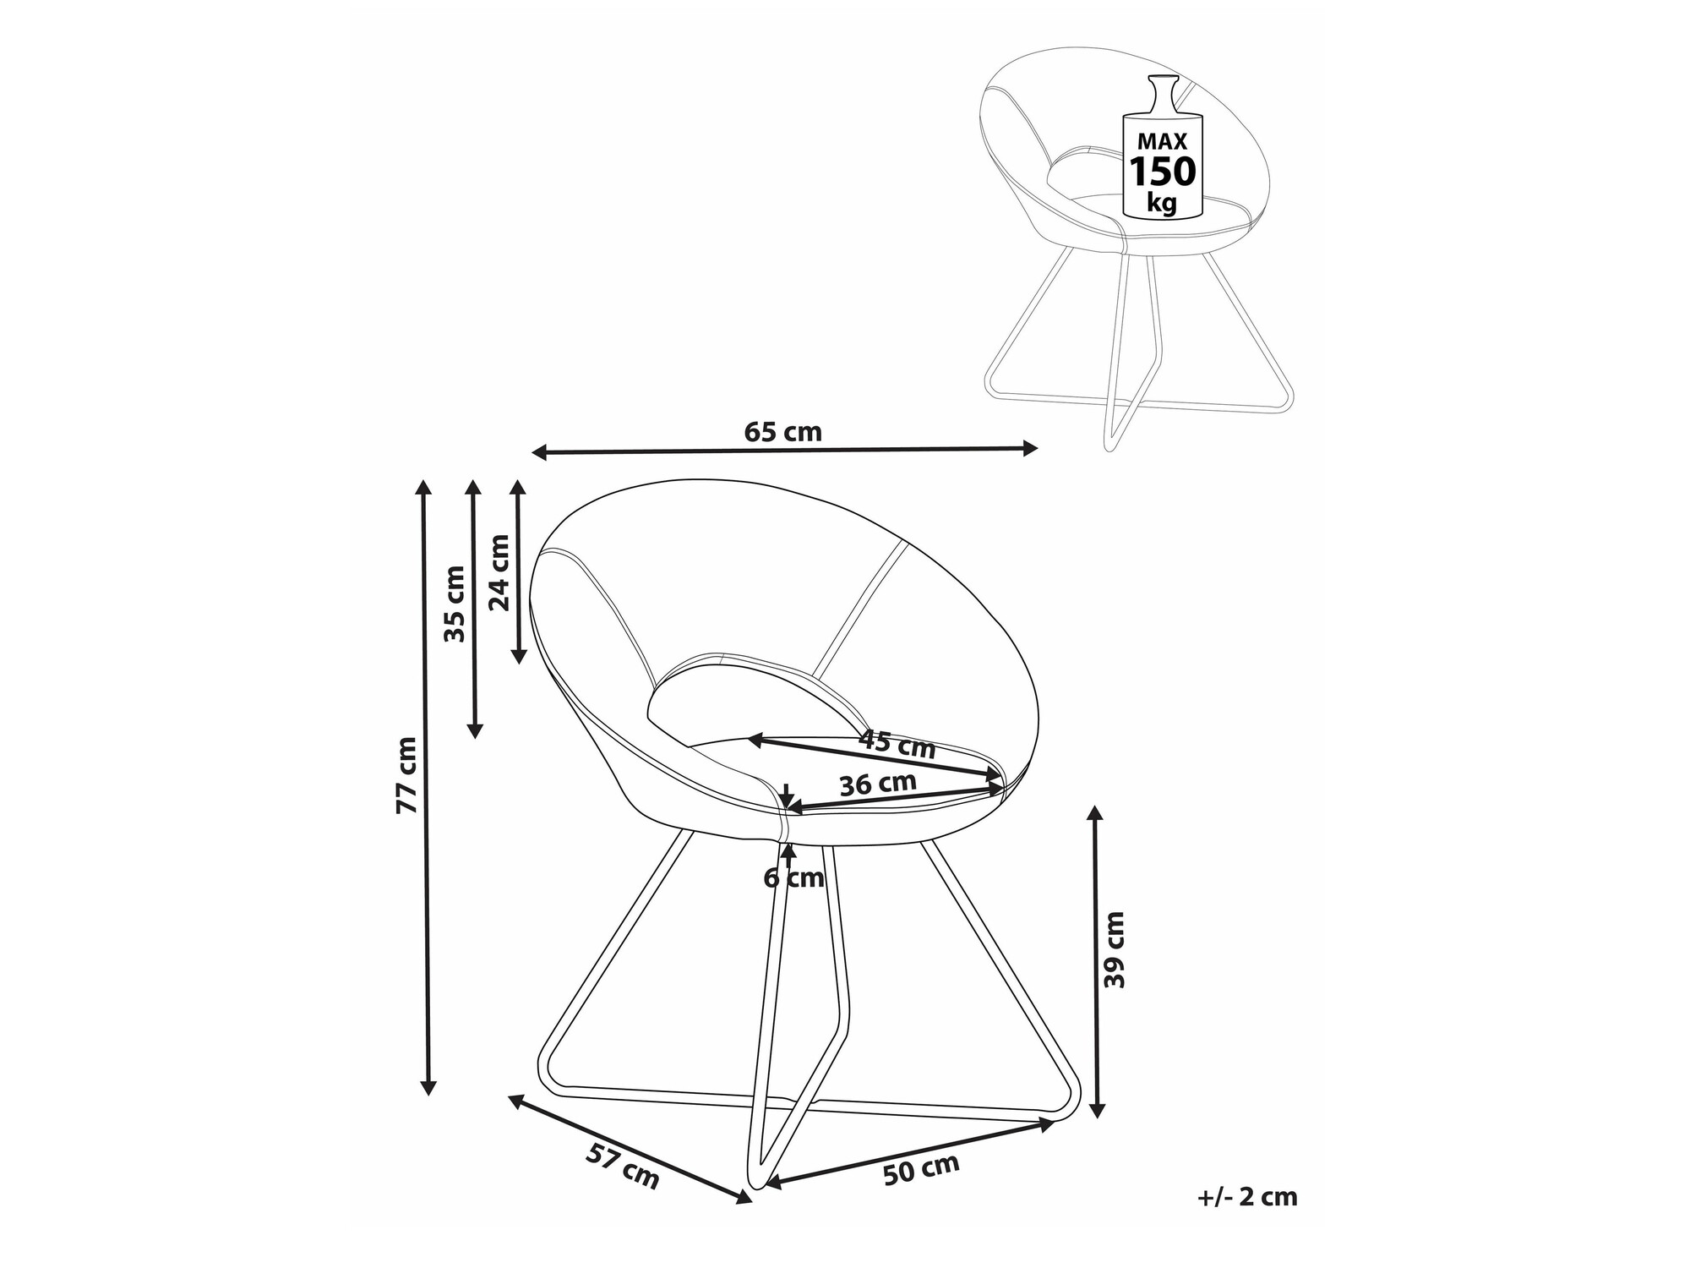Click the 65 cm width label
pyautogui.click(x=782, y=432)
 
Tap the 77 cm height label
pyautogui.click(x=407, y=775)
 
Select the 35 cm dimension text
pyautogui.click(x=455, y=604)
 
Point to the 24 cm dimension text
pyautogui.click(x=500, y=572)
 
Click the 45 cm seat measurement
pyautogui.click(x=897, y=744)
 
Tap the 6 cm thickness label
pyautogui.click(x=793, y=878)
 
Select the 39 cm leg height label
pyautogui.click(x=1115, y=949)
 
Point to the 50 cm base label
pyautogui.click(x=921, y=1170)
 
